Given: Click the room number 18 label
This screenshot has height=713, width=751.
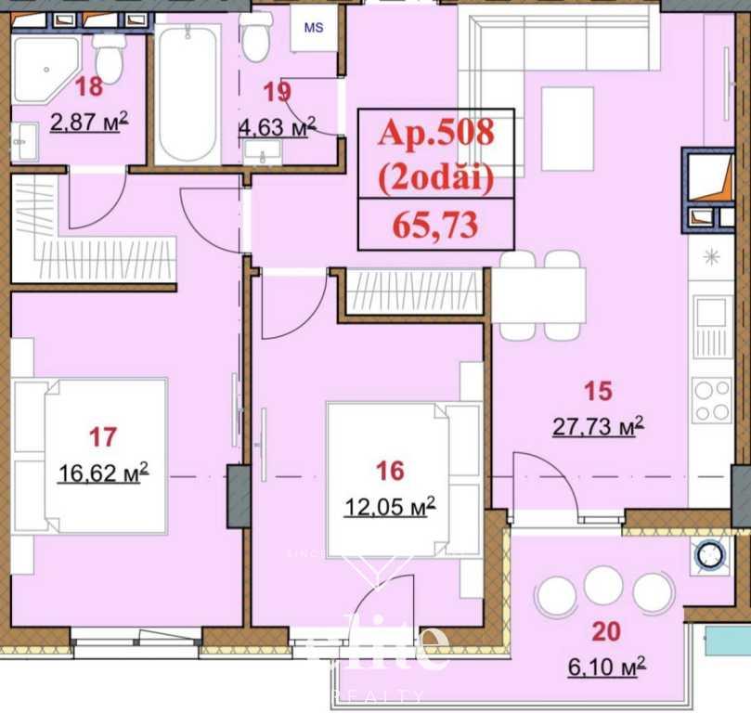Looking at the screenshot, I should click(89, 88).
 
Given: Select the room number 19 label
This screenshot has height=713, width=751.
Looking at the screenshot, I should click(277, 91).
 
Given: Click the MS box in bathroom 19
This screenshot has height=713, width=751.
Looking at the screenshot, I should click(314, 27).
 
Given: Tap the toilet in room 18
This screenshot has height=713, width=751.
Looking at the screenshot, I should click(110, 57).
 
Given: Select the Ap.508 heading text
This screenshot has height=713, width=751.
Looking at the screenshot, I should click(435, 132).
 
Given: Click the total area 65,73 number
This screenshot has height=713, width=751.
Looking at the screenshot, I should click(434, 226).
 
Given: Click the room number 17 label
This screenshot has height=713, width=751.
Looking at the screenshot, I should click(103, 435).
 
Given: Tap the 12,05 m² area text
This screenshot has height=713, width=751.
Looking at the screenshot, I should click(390, 506).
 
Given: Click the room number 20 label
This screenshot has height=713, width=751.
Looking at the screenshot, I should click(606, 632).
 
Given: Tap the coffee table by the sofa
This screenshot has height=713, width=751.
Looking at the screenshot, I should click(566, 128).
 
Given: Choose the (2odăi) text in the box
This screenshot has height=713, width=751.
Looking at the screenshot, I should click(434, 178).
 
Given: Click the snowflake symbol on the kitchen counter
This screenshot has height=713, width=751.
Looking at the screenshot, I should click(712, 257).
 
